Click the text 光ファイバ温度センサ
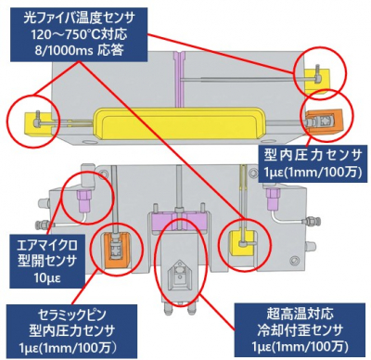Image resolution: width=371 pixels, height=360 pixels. [79, 19]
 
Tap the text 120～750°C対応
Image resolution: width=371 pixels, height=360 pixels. [79, 34]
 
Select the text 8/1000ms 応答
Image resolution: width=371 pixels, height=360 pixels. [79, 50]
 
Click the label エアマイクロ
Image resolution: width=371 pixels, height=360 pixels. [47, 246]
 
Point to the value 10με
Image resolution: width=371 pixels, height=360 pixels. [47, 277]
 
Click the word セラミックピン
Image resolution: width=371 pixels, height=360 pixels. [71, 315]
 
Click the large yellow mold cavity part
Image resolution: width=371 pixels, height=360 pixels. [179, 122]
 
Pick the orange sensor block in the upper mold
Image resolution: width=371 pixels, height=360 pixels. [324, 122]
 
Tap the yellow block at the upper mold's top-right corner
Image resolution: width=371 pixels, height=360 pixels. [317, 81]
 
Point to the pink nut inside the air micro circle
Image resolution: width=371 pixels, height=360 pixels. [85, 201]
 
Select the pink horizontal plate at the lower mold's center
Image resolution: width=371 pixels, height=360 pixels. [179, 222]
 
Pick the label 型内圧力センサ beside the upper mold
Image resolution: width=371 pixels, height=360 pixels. [313, 155]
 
